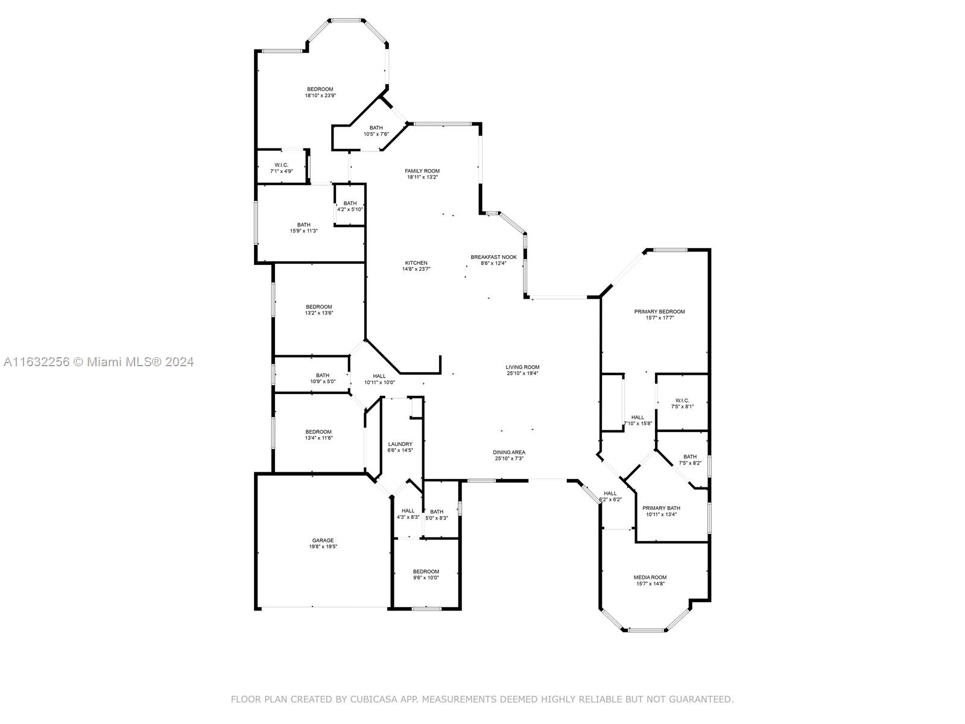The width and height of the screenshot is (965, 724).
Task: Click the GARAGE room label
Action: coord(323,541)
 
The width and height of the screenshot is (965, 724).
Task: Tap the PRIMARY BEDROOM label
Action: coord(659,311)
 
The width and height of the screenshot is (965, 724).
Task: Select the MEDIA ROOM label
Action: coord(650,577)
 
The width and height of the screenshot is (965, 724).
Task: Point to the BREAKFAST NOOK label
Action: coord(493,257)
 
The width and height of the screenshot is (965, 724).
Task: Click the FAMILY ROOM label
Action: coord(422,171)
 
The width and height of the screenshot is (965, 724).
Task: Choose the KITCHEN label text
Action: coord(416,263)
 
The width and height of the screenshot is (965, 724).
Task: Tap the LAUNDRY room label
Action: coord(400,444)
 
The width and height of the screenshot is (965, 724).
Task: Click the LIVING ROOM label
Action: coord(522,367)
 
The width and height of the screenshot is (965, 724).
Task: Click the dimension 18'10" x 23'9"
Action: coord(320,95)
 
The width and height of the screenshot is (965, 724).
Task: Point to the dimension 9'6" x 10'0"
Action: coord(426,578)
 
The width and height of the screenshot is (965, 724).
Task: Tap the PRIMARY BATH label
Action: coord(661,508)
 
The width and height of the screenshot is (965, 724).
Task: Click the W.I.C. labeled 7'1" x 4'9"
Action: coord(281,165)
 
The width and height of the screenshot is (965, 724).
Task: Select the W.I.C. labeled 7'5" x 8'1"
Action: coord(682,401)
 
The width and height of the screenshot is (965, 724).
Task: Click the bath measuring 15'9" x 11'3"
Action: coord(303,225)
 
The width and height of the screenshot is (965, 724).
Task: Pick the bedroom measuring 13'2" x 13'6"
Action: coord(318,307)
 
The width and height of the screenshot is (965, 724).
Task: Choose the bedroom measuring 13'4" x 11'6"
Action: coord(318,432)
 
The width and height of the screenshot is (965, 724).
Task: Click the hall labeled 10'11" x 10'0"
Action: coord(379,376)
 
